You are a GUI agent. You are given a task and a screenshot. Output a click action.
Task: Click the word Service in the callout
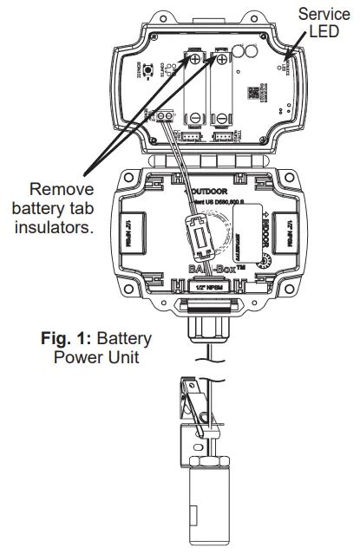click(323, 15)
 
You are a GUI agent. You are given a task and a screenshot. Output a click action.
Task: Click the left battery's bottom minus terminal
click(197, 120)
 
